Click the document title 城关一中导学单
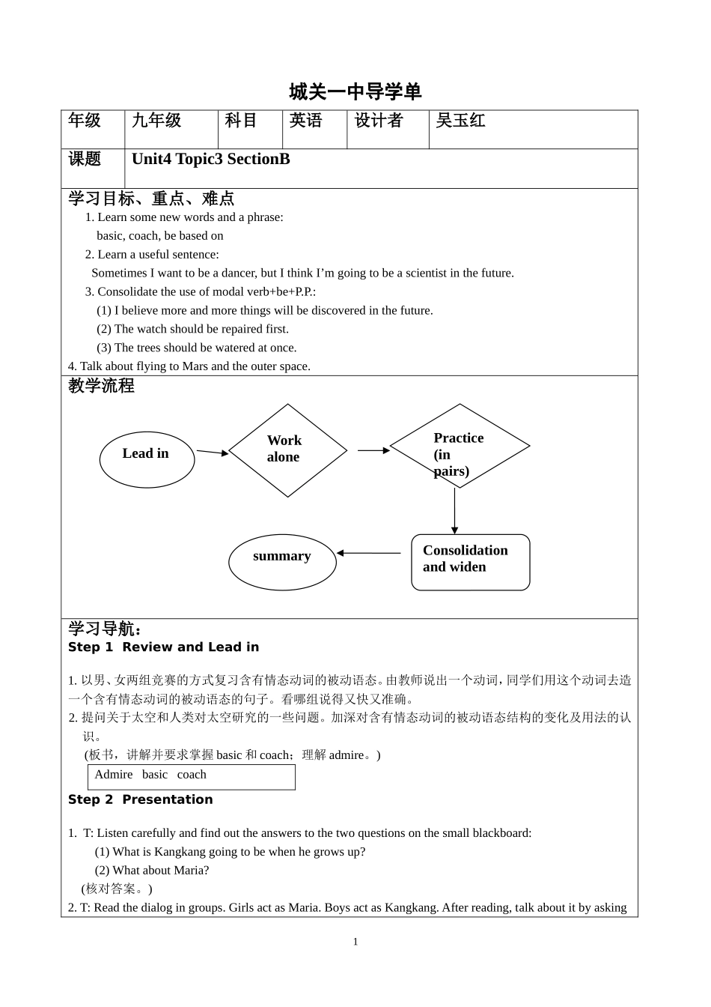point(355,92)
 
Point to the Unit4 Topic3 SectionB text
point(211,159)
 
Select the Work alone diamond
point(287,450)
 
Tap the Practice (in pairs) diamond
point(459,447)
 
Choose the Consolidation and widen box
point(470,562)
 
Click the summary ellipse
point(282,561)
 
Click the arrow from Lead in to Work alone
point(212,452)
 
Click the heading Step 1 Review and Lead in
point(163,647)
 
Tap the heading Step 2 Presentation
point(141,799)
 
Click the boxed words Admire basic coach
point(191,776)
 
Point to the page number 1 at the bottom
point(355,942)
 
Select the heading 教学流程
point(101,386)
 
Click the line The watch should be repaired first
point(192,329)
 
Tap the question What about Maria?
point(152,870)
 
